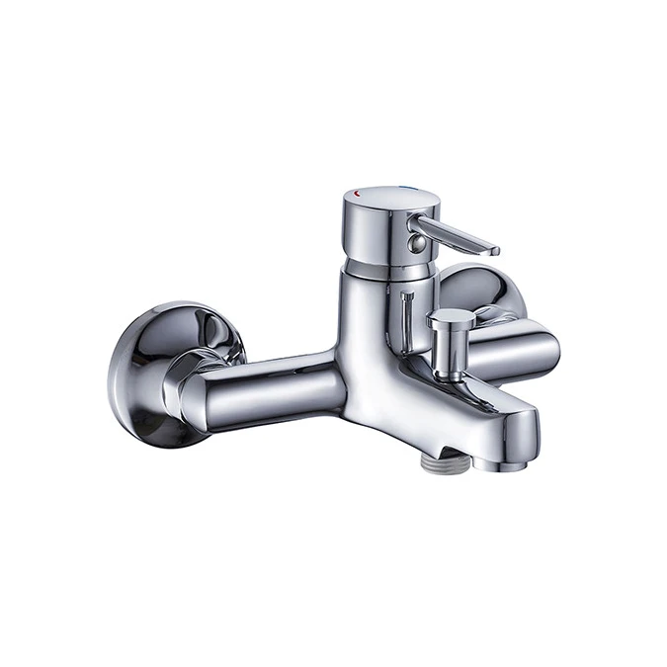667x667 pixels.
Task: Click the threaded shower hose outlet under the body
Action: (441, 458)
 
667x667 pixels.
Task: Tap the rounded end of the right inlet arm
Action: (543, 351)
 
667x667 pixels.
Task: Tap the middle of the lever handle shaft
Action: (455, 236)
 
